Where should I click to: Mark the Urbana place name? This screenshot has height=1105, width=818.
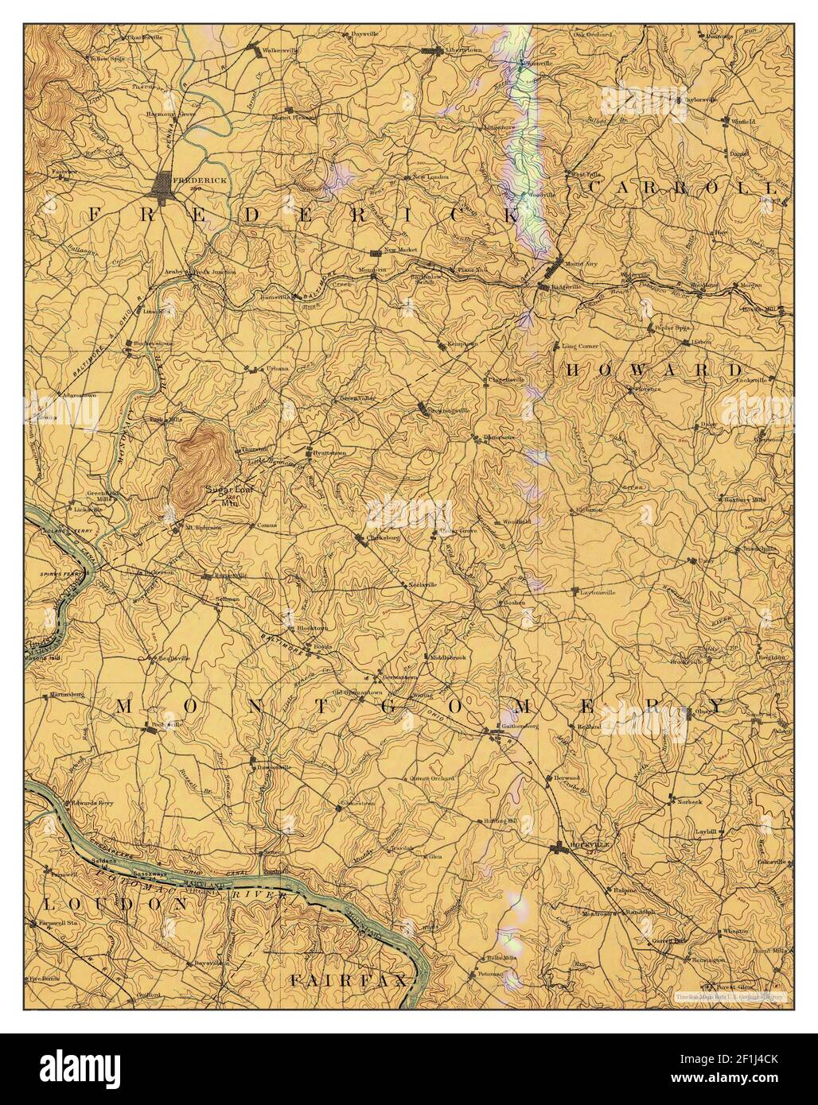click(x=277, y=368)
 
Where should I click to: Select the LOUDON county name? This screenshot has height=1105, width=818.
click(x=115, y=904)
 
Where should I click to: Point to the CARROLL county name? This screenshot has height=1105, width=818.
click(x=680, y=188)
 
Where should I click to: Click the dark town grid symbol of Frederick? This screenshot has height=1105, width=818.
click(x=168, y=184)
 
